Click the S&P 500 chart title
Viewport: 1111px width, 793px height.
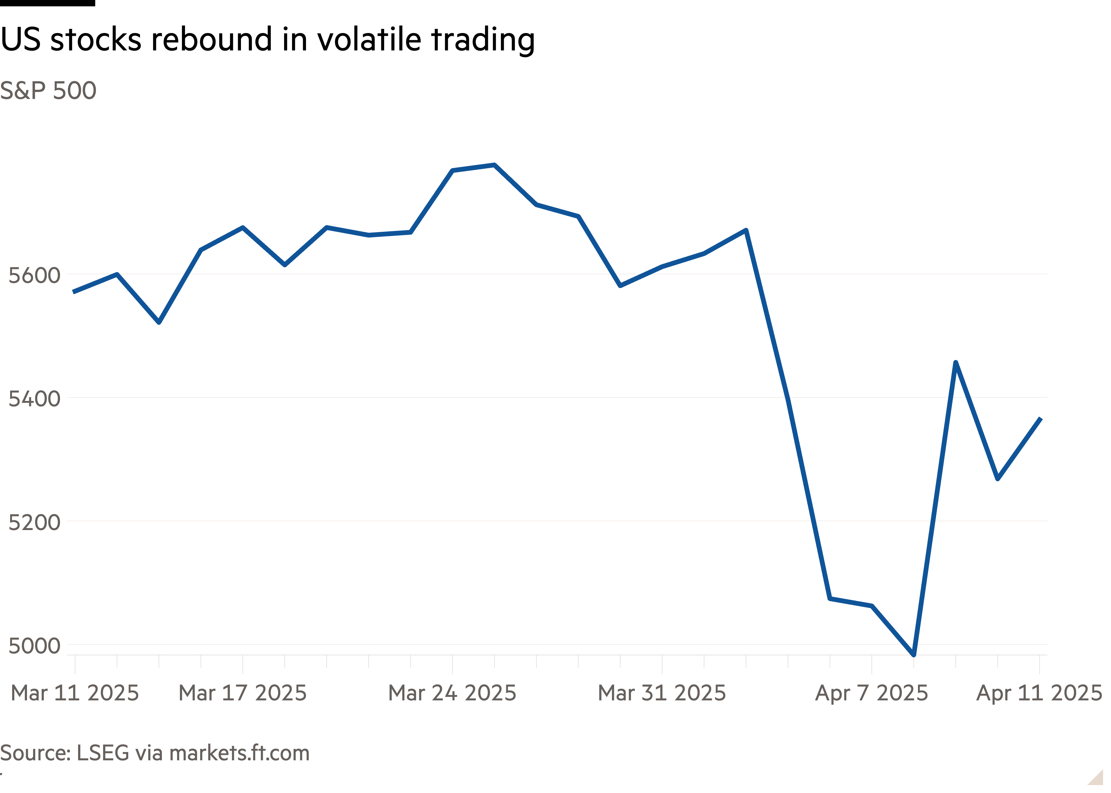48,91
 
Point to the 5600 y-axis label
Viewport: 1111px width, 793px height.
34,275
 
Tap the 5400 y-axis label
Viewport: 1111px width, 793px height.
34,399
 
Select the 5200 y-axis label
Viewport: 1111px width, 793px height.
34,522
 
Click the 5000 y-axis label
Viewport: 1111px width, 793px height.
34,646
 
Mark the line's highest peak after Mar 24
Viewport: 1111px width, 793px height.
495,165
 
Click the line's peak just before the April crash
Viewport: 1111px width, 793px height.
746,230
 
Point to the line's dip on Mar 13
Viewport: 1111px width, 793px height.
159,322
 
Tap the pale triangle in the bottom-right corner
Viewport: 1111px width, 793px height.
1097,778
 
